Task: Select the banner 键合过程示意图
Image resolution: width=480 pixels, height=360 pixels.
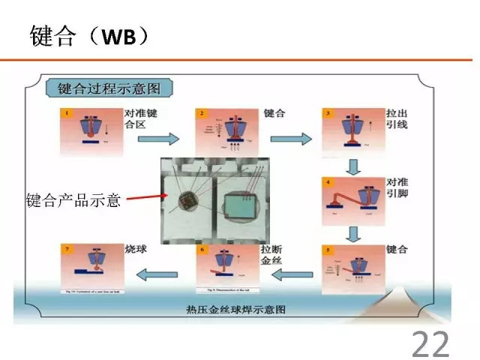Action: [x=109, y=88]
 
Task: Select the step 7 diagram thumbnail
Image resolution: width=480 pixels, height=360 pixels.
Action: [x=90, y=268]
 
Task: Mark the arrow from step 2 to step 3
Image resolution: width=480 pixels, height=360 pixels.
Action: [x=291, y=139]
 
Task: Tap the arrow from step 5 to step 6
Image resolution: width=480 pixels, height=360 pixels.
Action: [x=291, y=274]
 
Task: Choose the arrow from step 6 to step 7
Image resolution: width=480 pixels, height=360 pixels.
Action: [x=160, y=274]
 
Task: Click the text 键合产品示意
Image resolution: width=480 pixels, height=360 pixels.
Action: [x=73, y=200]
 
